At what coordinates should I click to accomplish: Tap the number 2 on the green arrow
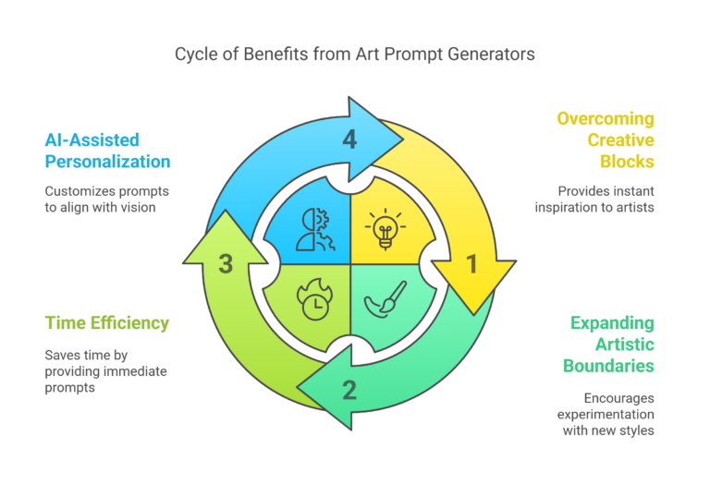[349, 390]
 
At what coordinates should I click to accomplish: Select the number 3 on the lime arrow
[225, 264]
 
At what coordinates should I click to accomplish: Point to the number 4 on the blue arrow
[349, 140]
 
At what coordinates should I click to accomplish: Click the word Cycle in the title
[195, 54]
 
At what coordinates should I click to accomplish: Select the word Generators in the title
[489, 54]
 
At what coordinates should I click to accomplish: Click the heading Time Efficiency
[107, 322]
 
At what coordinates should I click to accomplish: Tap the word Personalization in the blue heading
[108, 162]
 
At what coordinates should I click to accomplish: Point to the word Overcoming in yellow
[605, 119]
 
